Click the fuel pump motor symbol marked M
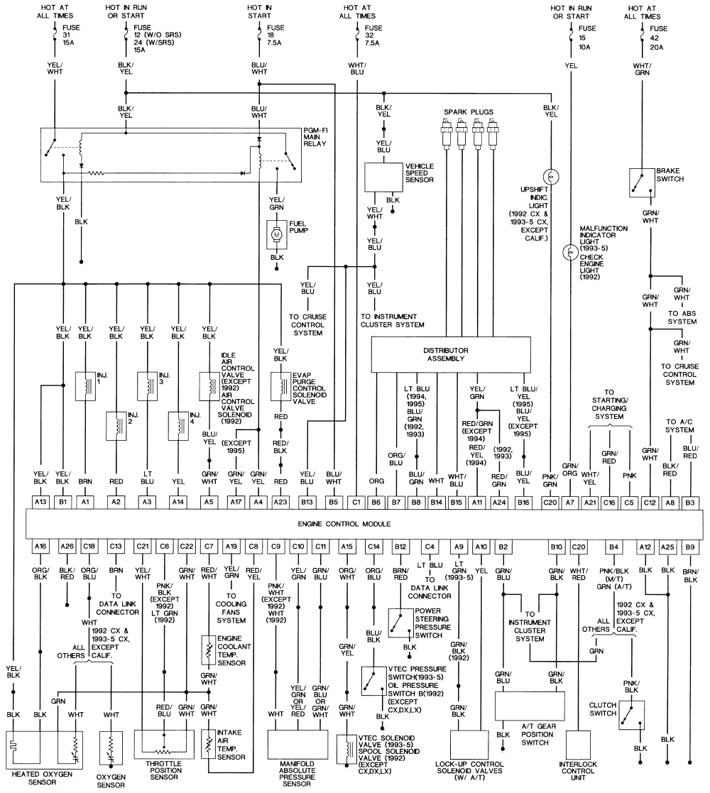[x=276, y=234]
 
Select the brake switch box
[x=640, y=182]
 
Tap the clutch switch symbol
[x=630, y=716]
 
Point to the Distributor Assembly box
[x=451, y=354]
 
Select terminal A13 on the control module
[x=41, y=502]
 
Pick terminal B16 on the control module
[x=524, y=502]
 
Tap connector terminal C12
[x=650, y=502]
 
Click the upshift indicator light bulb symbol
[x=549, y=176]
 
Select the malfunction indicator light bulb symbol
[x=569, y=252]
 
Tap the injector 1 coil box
[x=85, y=385]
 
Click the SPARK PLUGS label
[x=468, y=112]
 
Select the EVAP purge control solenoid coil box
[x=282, y=385]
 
